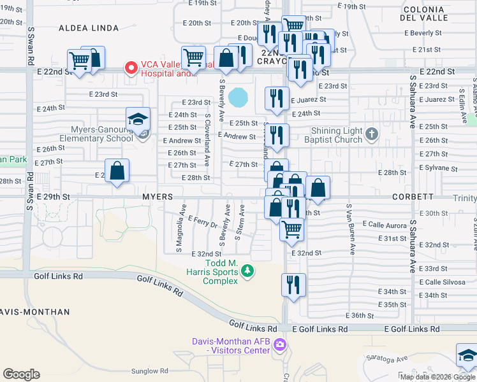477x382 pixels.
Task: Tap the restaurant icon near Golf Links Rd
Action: point(293,285)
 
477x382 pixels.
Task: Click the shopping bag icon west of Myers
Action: point(117,171)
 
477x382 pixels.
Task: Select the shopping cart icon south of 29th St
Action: point(292,229)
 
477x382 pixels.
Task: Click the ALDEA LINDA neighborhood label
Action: point(89,28)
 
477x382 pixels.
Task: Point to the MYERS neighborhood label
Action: point(158,197)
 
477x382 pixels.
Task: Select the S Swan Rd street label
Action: point(30,46)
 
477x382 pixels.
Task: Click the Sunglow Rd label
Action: point(149,371)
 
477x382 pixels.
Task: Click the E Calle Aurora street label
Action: point(385,224)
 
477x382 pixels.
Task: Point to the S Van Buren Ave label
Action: point(349,229)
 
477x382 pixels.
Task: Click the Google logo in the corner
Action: point(21,374)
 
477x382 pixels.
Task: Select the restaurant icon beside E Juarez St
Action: point(277,97)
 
